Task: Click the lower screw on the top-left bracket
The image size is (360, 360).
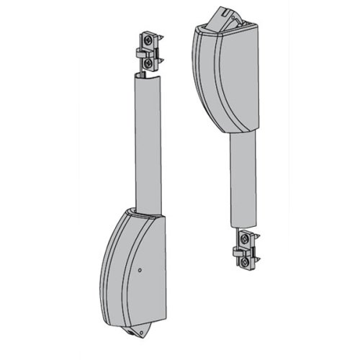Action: click(x=147, y=63)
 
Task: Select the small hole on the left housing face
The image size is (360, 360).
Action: click(x=140, y=271)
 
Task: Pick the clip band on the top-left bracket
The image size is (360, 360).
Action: click(x=148, y=53)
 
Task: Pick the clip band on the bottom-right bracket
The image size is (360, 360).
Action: click(x=245, y=253)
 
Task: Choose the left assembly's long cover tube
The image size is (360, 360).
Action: click(x=145, y=144)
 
